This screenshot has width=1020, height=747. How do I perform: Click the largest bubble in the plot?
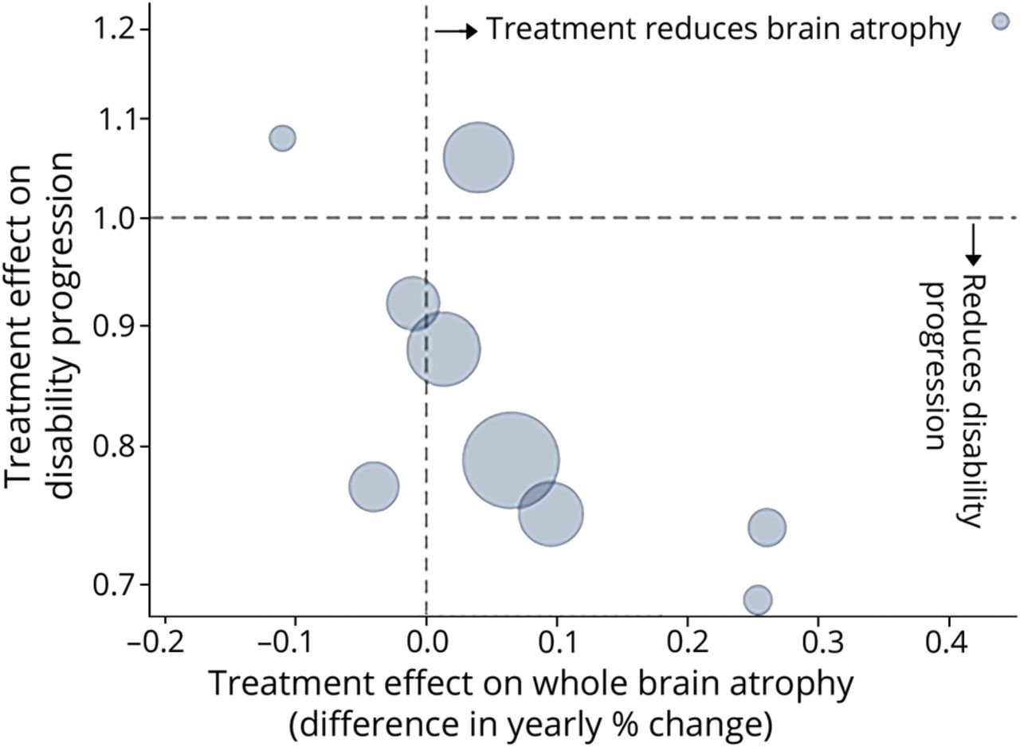(510, 460)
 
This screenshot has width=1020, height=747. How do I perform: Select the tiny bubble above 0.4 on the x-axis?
(1001, 22)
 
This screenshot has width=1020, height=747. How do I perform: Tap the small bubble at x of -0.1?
(282, 138)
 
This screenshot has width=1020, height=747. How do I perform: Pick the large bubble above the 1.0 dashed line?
(478, 158)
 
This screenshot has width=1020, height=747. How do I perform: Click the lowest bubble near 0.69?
(758, 600)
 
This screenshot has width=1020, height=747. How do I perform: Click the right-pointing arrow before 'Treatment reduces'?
(456, 30)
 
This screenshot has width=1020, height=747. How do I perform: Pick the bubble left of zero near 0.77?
(373, 486)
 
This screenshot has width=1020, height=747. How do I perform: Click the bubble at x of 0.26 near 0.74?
(767, 527)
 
